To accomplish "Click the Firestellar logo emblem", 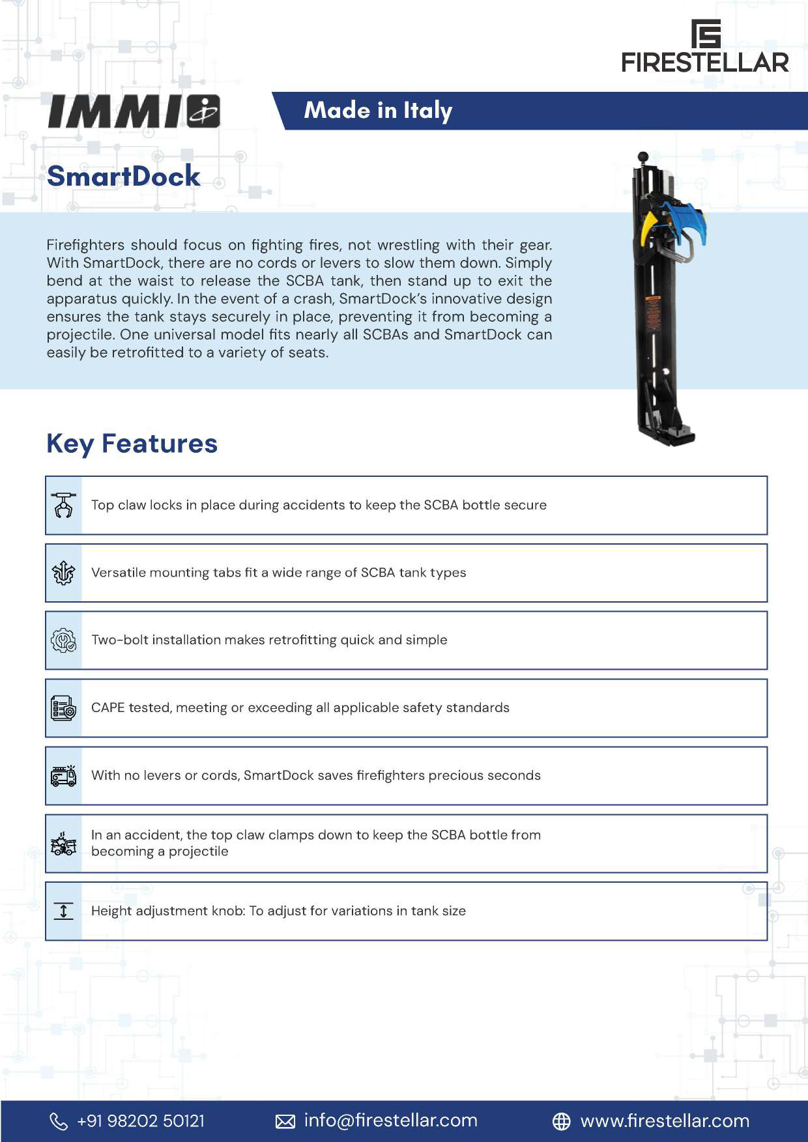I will (706, 33).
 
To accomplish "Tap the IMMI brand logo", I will (134, 111).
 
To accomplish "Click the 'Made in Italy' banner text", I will (378, 111).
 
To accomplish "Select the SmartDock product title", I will (124, 176).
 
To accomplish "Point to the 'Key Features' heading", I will (132, 444).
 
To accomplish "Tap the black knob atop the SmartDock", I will (643, 157).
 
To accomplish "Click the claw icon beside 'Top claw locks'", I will (64, 506).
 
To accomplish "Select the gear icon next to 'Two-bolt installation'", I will (64, 640).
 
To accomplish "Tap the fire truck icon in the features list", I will (64, 776).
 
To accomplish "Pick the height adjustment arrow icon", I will (64, 911).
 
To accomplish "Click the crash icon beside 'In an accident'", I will (64, 844).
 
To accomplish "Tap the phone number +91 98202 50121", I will (140, 1121).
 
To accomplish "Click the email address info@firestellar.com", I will (390, 1121).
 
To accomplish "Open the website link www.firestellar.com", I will (665, 1121).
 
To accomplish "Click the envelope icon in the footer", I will (285, 1121).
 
